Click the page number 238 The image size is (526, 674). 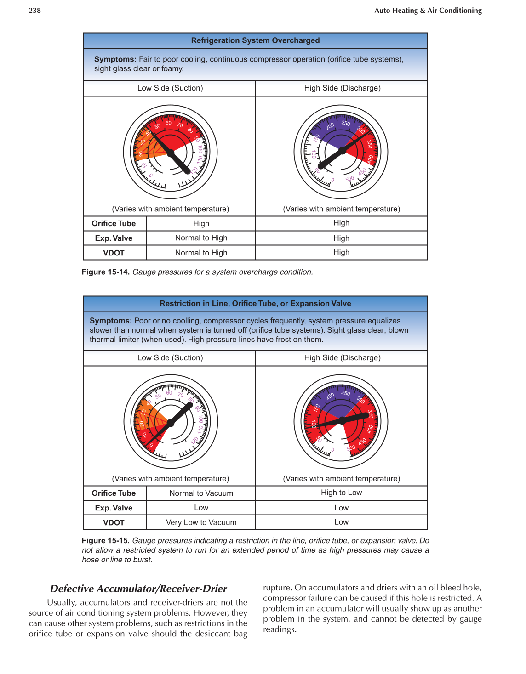[34, 11]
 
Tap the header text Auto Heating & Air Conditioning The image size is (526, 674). [428, 11]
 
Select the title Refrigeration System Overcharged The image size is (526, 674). [255, 40]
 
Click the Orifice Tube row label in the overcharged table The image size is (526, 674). [114, 223]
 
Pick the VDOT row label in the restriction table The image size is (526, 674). [114, 522]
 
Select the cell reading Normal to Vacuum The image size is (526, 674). [201, 493]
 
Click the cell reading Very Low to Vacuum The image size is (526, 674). [201, 522]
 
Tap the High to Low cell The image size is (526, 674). [341, 493]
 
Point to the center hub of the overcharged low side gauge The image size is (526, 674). [171, 152]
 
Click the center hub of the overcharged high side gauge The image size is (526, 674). [342, 151]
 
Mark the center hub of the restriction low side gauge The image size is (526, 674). [171, 423]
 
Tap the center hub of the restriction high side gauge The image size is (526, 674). [342, 421]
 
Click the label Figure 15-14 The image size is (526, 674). [106, 272]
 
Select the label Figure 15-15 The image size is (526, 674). [106, 541]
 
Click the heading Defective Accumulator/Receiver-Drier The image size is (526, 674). [138, 589]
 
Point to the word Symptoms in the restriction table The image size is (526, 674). [110, 321]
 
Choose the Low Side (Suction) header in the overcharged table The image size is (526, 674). [170, 88]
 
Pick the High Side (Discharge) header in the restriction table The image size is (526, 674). [342, 358]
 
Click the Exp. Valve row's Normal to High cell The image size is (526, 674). [201, 238]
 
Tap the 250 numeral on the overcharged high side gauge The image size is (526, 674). [346, 123]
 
